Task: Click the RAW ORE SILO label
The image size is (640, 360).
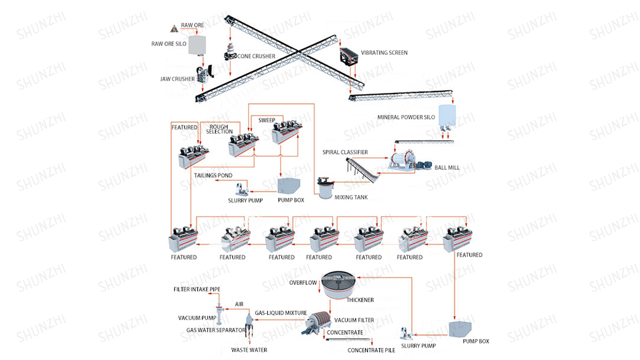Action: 169,44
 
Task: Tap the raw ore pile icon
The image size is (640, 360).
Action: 174,27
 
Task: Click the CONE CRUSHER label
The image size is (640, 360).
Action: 256,56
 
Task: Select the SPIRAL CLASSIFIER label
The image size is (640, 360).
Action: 345,152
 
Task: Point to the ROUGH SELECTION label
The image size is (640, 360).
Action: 220,129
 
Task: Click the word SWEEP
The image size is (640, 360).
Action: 266,120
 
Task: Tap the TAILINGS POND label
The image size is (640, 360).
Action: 213,175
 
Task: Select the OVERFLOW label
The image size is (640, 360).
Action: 303,282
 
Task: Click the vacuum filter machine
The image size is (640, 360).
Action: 318,321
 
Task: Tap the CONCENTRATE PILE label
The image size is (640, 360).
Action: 370,350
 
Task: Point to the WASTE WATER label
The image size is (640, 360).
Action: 249,350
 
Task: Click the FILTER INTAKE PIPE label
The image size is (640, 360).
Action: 197,289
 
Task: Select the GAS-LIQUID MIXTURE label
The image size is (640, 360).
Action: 281,313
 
